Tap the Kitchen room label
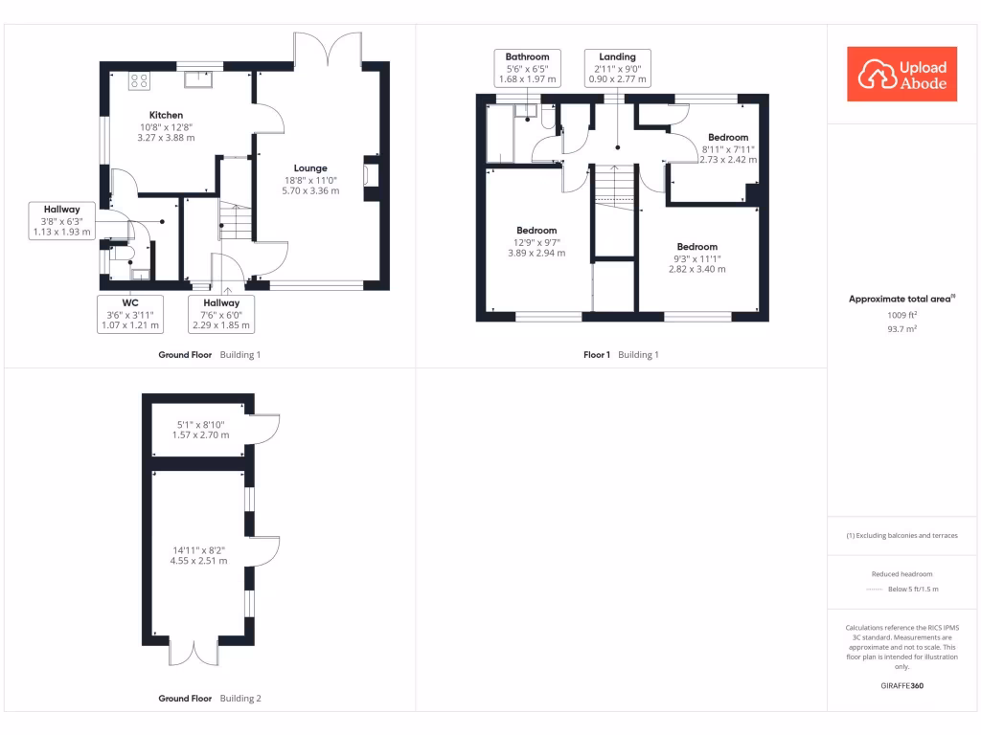pos(166,115)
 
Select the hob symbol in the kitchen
pos(139,80)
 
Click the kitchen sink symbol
pos(200,78)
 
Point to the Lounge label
pos(310,168)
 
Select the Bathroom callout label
pos(527,68)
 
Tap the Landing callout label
pos(618,68)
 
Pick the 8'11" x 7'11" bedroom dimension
pos(728,149)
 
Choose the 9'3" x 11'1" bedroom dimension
pos(696,258)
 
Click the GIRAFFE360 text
pos(902,685)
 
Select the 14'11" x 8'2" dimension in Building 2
pos(200,555)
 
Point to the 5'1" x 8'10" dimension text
pos(200,430)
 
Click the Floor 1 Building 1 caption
pos(621,355)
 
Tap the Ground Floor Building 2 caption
pos(209,699)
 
